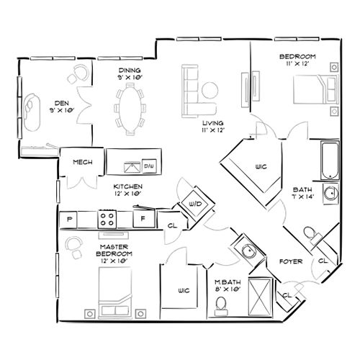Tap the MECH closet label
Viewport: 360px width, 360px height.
click(80, 162)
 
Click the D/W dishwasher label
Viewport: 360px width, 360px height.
click(150, 166)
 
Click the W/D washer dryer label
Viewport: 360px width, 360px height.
click(194, 202)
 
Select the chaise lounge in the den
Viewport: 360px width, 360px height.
click(32, 110)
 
